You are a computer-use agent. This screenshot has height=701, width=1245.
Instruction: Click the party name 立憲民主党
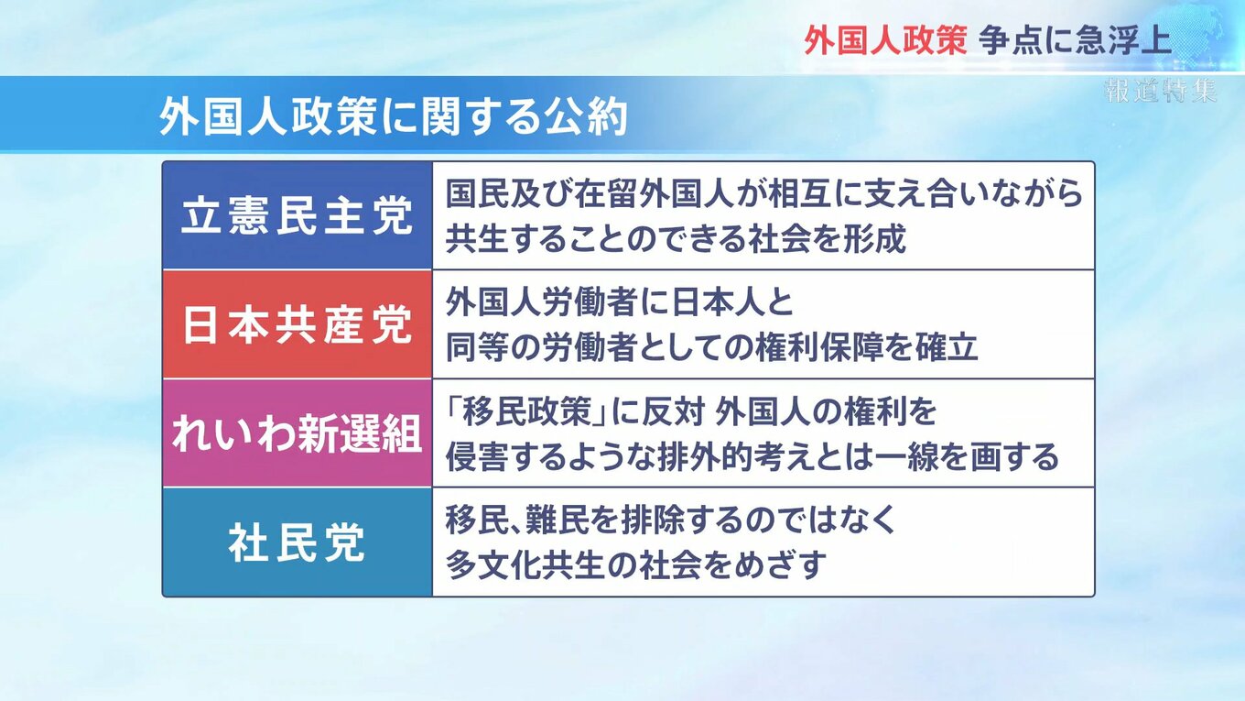[x=298, y=216]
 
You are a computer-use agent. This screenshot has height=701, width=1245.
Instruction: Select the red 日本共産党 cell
[x=298, y=325]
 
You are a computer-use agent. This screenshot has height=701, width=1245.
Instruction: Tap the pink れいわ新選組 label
[x=298, y=433]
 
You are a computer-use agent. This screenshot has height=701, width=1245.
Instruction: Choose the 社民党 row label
[x=298, y=542]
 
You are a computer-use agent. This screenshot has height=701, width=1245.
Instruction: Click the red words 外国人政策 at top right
[x=885, y=40]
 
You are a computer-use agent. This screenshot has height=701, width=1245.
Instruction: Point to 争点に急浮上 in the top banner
[x=1075, y=40]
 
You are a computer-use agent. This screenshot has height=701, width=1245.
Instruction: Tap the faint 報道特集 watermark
[x=1161, y=91]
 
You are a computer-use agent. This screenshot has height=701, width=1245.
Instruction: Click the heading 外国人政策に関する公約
[x=393, y=117]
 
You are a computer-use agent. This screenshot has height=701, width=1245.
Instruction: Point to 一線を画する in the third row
[x=966, y=457]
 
